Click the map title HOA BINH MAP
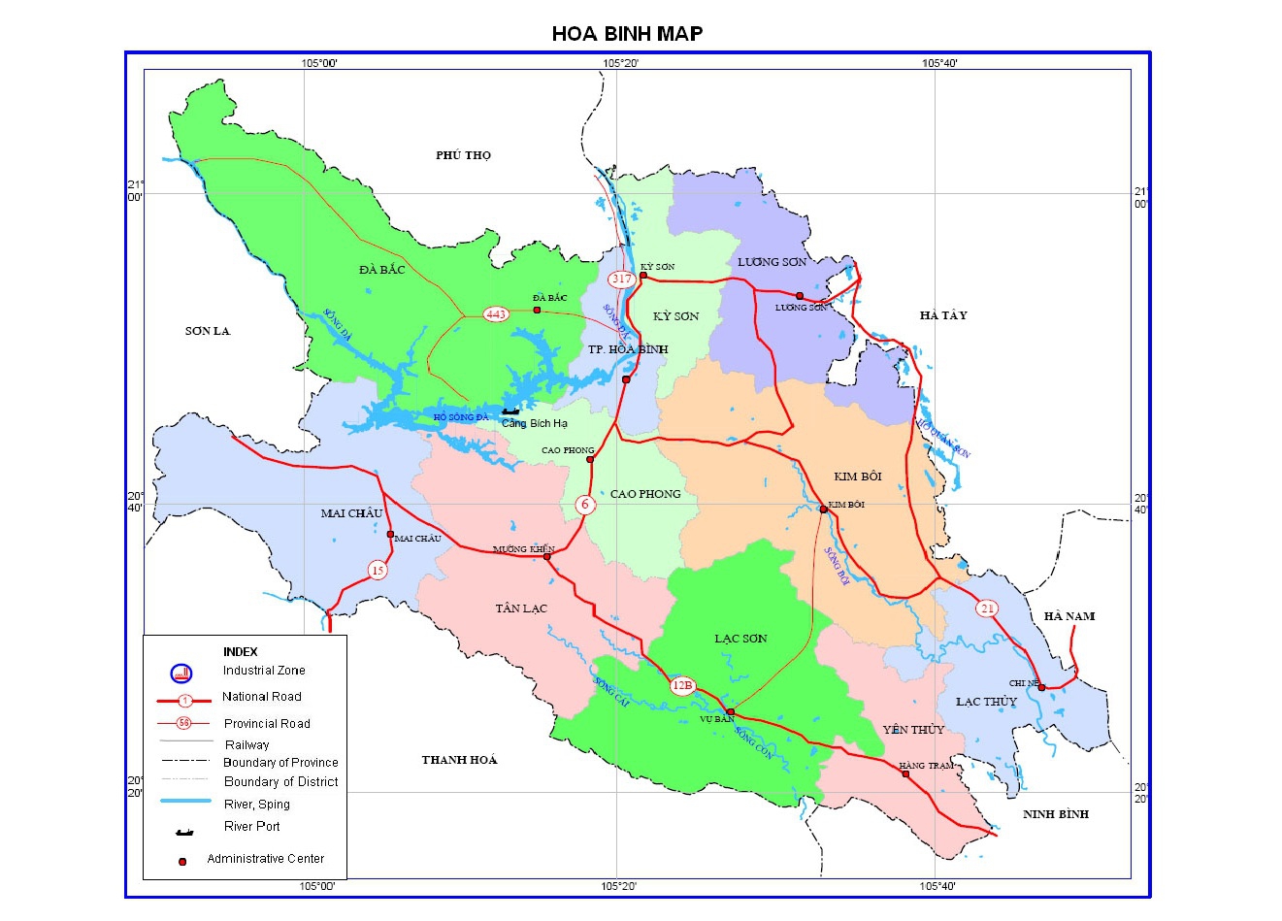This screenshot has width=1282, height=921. [x=627, y=33]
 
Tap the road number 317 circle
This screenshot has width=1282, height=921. [x=621, y=280]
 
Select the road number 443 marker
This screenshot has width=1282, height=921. [x=496, y=313]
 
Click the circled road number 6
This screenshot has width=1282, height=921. [x=584, y=505]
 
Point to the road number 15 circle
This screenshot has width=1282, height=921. [x=378, y=571]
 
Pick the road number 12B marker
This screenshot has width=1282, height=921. [x=682, y=685]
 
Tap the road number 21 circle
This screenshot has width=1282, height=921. [x=987, y=609]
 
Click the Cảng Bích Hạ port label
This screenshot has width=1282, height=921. [x=534, y=423]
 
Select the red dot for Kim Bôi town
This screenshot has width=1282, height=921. [x=823, y=509]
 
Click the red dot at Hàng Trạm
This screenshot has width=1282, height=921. [x=905, y=774]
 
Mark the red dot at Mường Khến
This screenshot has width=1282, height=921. [x=547, y=557]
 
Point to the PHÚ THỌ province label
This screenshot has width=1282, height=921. [x=463, y=155]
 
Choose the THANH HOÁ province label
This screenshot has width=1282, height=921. [x=459, y=760]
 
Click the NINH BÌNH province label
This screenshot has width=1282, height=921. [x=1056, y=814]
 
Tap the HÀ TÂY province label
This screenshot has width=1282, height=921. [x=943, y=315]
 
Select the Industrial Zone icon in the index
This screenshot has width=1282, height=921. [x=181, y=673]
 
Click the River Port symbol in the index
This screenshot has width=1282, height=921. [x=183, y=831]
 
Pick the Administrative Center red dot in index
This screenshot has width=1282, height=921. [x=181, y=861]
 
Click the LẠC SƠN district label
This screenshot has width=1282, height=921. [x=740, y=639]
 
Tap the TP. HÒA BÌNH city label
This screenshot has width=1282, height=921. [x=628, y=349]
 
